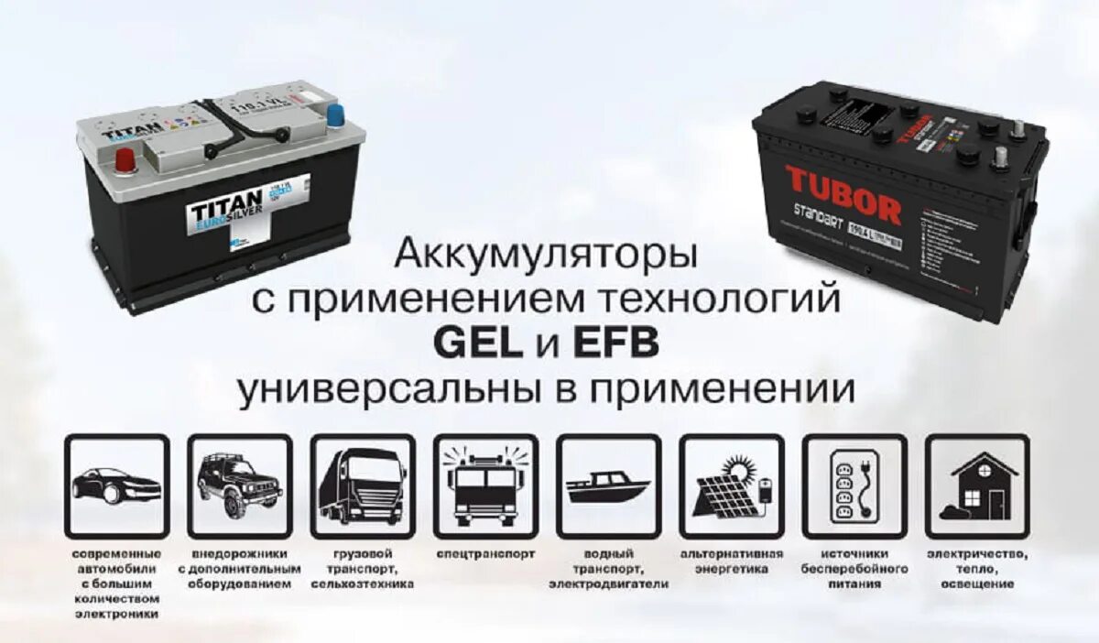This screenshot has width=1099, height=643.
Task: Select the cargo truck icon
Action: [x=362, y=486]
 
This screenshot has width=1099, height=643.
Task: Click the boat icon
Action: [x=607, y=486]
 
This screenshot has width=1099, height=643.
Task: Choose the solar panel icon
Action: [x=731, y=486]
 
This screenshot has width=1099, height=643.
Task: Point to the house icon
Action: [x=976, y=486]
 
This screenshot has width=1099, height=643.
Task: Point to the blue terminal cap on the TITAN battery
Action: [x=336, y=115]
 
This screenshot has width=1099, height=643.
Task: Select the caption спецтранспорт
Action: [x=484, y=555]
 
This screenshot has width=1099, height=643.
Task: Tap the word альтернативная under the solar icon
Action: [x=731, y=555]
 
